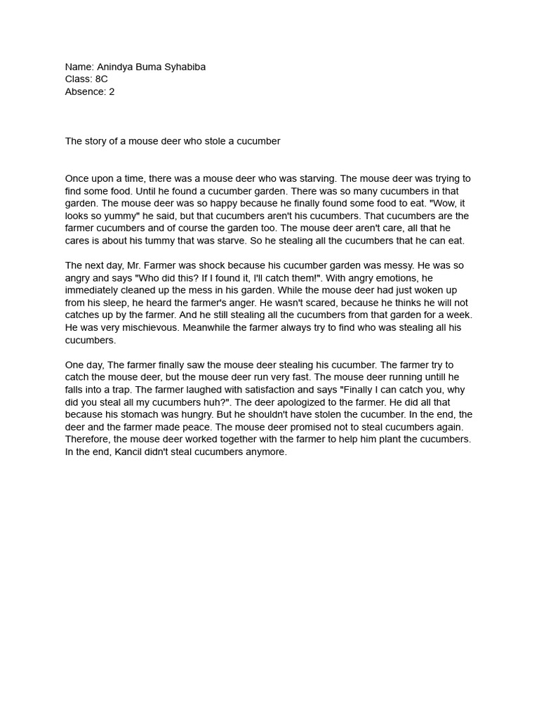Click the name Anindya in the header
(117, 67)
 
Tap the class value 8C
(102, 79)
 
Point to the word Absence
(86, 92)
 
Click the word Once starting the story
(78, 179)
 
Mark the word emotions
(398, 278)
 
